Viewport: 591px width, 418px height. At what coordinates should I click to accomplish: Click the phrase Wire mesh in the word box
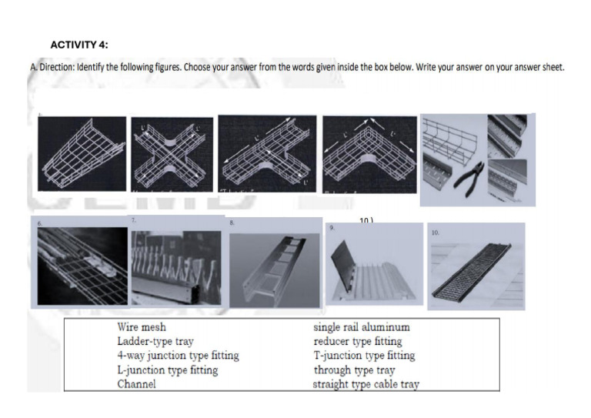[142, 327]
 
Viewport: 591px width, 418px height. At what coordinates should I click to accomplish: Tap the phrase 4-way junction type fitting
[178, 356]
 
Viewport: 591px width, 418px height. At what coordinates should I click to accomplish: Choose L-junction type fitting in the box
[167, 370]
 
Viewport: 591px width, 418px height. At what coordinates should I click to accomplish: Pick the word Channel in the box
[136, 383]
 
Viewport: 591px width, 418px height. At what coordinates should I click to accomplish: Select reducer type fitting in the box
[358, 341]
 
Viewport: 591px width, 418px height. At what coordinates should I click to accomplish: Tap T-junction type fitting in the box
[364, 356]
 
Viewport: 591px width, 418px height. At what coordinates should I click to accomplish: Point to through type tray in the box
[354, 370]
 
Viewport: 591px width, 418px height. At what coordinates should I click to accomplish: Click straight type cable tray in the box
[366, 383]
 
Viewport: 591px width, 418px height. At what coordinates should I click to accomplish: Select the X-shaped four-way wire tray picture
[172, 155]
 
